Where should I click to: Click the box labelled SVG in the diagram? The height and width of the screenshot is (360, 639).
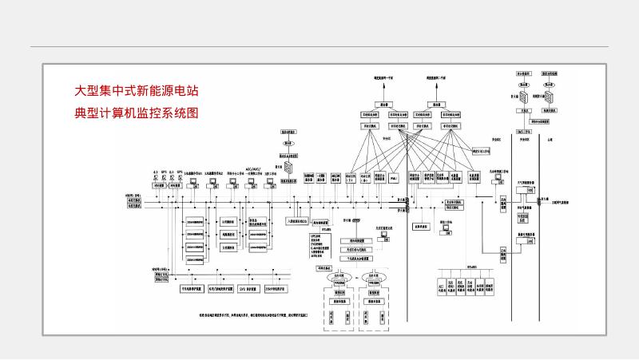[247, 289]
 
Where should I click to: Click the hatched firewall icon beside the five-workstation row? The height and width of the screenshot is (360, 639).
[289, 168]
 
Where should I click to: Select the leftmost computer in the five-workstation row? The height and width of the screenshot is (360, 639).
[193, 183]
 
